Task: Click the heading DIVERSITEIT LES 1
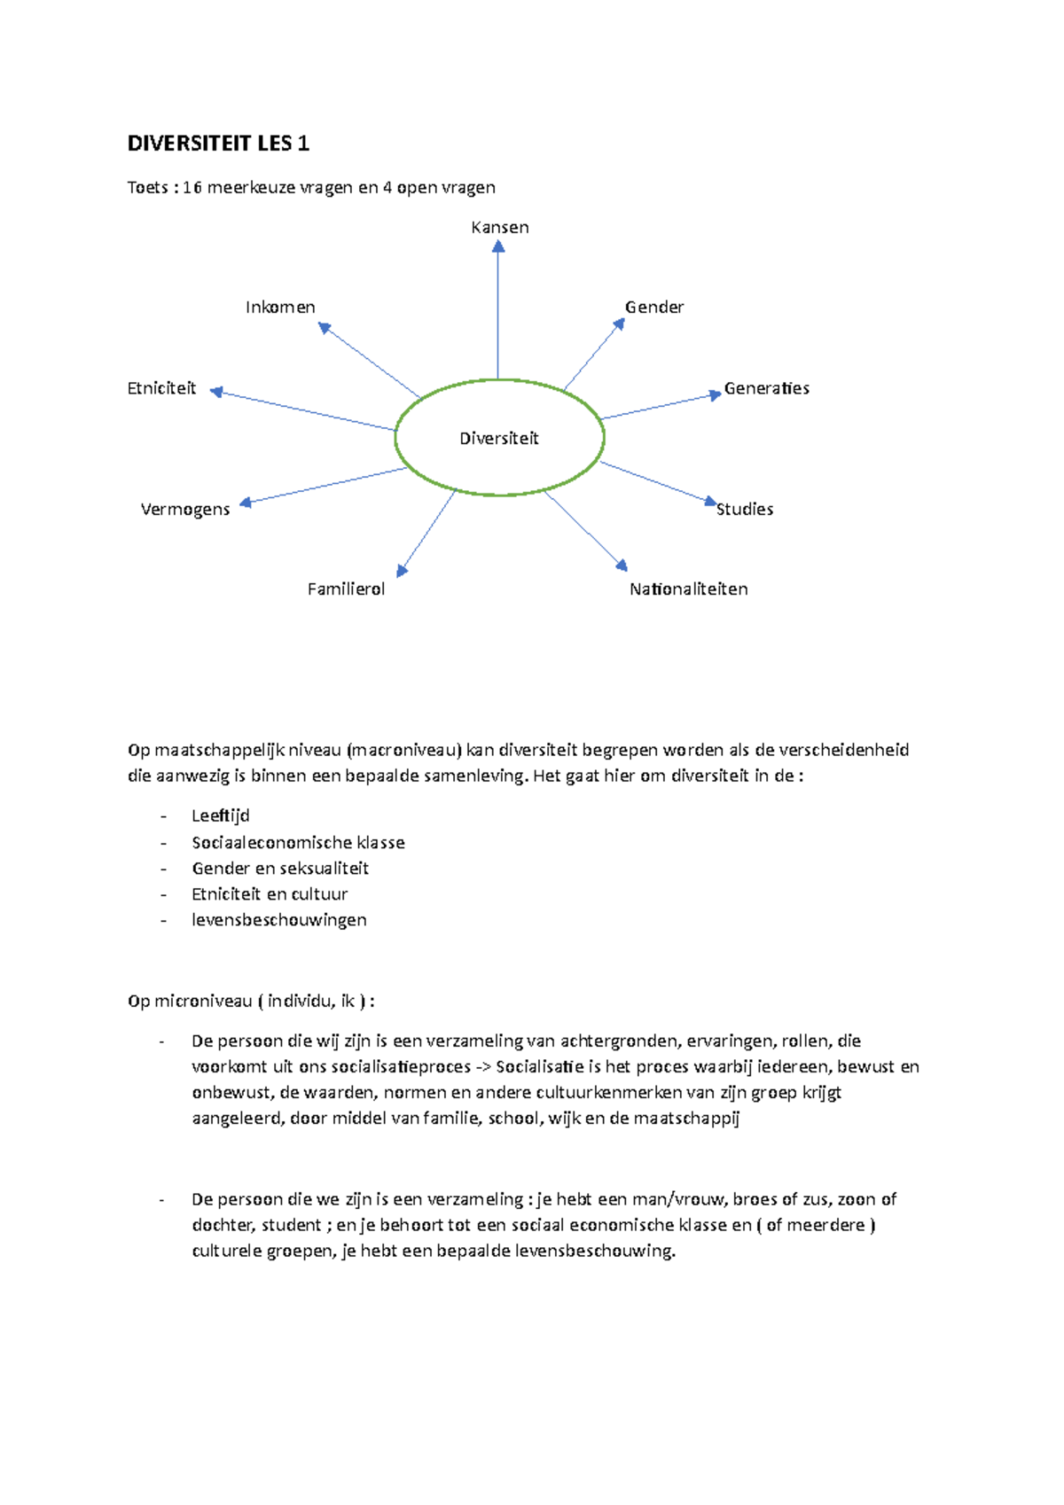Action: click(218, 144)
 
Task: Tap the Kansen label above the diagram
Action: click(500, 227)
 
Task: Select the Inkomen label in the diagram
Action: click(280, 307)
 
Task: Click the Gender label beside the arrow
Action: click(654, 307)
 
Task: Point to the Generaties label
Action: click(766, 388)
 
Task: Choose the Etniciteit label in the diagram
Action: click(161, 388)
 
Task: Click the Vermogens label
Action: click(185, 509)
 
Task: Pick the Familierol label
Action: click(346, 589)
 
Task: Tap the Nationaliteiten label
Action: click(689, 589)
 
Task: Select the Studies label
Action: click(745, 509)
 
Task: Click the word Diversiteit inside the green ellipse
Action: click(499, 438)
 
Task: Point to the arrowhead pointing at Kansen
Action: click(498, 246)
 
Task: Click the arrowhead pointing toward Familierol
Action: click(402, 571)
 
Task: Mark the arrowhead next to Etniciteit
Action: click(216, 391)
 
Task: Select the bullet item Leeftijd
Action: click(221, 815)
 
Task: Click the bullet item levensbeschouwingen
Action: click(278, 920)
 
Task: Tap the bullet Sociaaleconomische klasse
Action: click(298, 842)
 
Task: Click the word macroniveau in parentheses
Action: click(405, 750)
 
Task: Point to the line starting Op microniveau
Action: click(251, 1001)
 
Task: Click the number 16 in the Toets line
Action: click(192, 187)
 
